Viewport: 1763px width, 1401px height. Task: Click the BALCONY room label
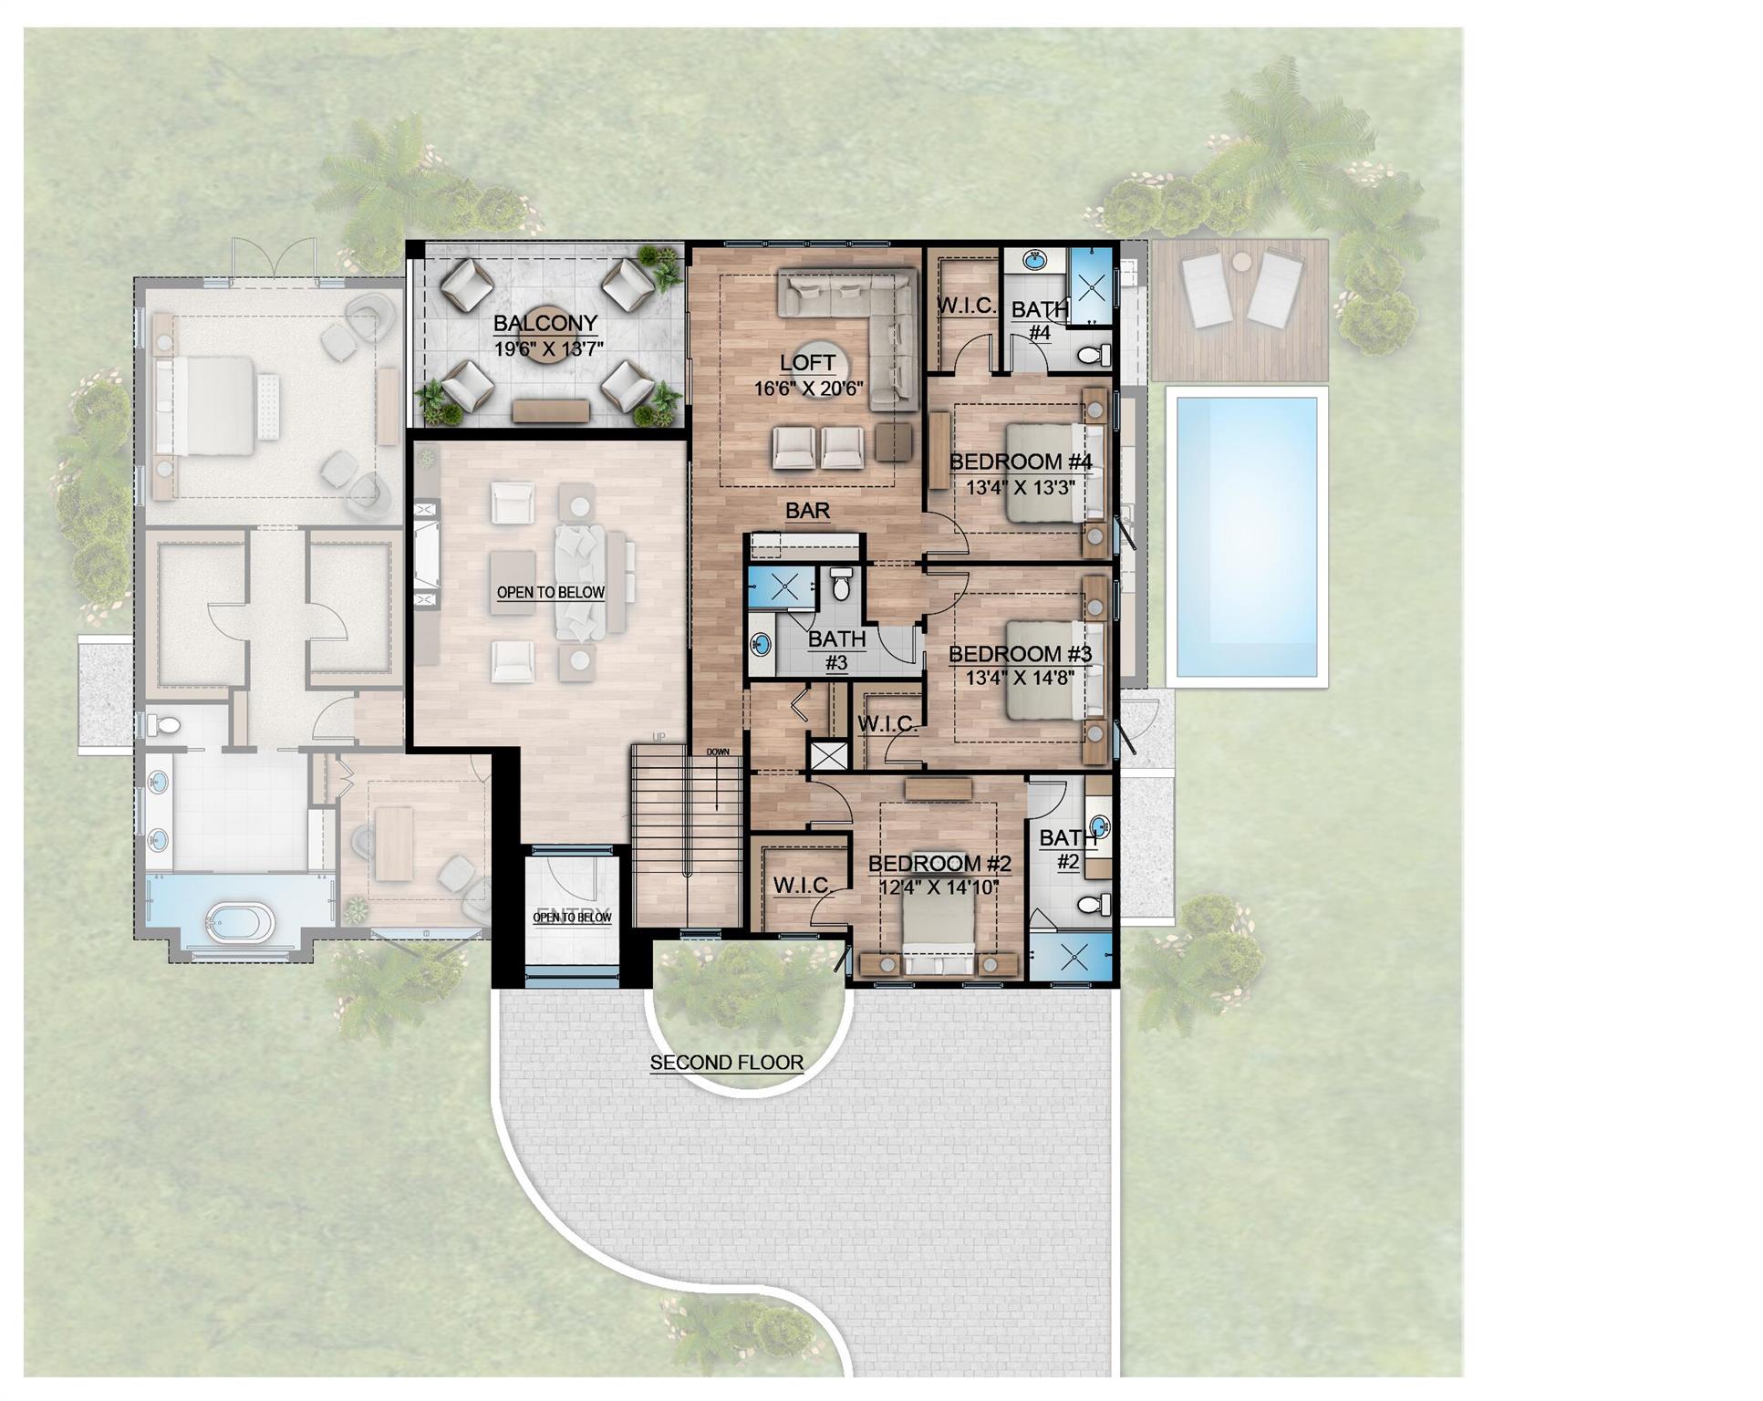pos(545,323)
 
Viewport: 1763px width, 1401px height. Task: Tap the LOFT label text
pos(807,363)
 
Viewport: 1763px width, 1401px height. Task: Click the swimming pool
pos(1246,536)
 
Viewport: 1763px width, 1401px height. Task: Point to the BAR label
pos(808,511)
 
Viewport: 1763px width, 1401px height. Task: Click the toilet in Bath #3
pos(841,586)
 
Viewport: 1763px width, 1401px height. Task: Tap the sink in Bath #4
pos(1034,261)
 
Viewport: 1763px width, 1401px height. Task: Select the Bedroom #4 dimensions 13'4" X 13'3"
pos(1020,487)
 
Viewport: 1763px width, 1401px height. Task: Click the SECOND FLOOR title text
pos(727,1063)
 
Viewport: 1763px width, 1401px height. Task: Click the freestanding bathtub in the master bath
pos(240,923)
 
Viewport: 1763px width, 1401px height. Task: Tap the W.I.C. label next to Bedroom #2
pos(802,885)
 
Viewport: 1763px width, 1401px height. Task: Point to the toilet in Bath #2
pos(1094,904)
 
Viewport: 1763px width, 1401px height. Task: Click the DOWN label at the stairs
pos(718,752)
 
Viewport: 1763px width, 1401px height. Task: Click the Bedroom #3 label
pos(1020,654)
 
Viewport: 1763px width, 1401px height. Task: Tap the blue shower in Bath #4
pos(1091,285)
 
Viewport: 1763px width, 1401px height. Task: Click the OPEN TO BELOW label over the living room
pos(550,593)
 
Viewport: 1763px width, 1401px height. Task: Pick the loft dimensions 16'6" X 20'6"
pos(808,388)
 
